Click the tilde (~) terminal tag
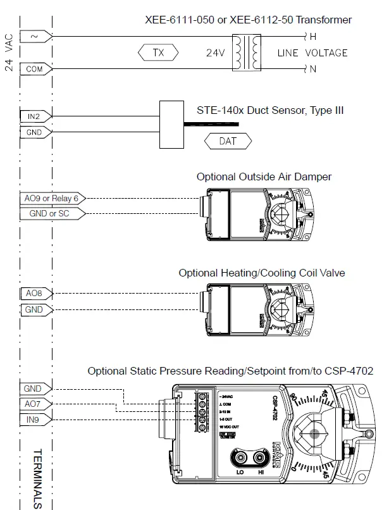[35, 37]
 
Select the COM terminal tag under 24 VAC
[35, 69]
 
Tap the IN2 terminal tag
[35, 116]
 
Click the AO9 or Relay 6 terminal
[51, 198]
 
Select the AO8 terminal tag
[35, 294]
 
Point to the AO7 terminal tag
[35, 404]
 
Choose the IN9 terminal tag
[35, 420]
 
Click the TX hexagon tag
[158, 53]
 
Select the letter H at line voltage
[312, 37]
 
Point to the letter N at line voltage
[312, 69]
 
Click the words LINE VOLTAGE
[312, 53]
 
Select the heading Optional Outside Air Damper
[263, 177]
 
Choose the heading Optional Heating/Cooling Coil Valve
[261, 273]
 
